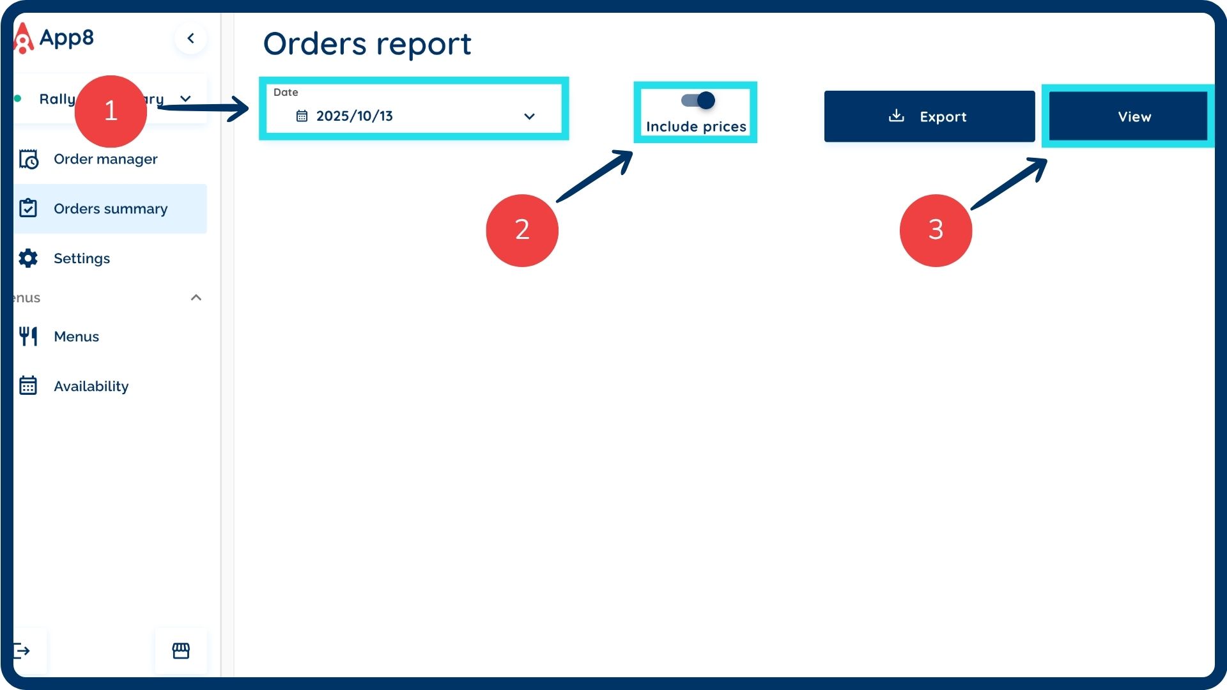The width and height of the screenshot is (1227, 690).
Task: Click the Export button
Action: [x=929, y=116]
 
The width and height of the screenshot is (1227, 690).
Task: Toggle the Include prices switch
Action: [x=698, y=100]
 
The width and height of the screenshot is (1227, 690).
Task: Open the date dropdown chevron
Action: [x=529, y=116]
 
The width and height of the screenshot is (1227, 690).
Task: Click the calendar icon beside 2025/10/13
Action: [x=302, y=116]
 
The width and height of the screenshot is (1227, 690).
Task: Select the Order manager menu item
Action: [x=105, y=159]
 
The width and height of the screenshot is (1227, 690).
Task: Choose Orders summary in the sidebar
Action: [x=110, y=209]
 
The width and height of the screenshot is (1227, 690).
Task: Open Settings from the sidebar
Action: [x=82, y=258]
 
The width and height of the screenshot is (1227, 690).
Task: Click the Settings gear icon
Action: [x=28, y=258]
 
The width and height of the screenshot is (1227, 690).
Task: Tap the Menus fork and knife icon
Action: [x=28, y=336]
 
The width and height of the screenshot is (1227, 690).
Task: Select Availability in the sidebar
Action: [x=91, y=386]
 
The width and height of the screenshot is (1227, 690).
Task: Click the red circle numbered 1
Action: [x=111, y=111]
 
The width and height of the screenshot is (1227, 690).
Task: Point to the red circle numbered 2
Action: [x=522, y=230]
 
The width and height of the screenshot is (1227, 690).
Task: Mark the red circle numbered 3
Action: [x=936, y=230]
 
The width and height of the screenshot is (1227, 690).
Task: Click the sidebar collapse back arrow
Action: [x=190, y=38]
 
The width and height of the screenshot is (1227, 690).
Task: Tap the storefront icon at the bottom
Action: [x=181, y=650]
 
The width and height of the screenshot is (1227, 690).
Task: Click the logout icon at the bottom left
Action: [x=22, y=650]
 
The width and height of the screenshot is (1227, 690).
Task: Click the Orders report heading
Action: [x=367, y=43]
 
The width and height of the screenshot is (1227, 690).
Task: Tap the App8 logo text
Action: [x=66, y=38]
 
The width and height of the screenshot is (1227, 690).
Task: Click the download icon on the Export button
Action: [x=897, y=116]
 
